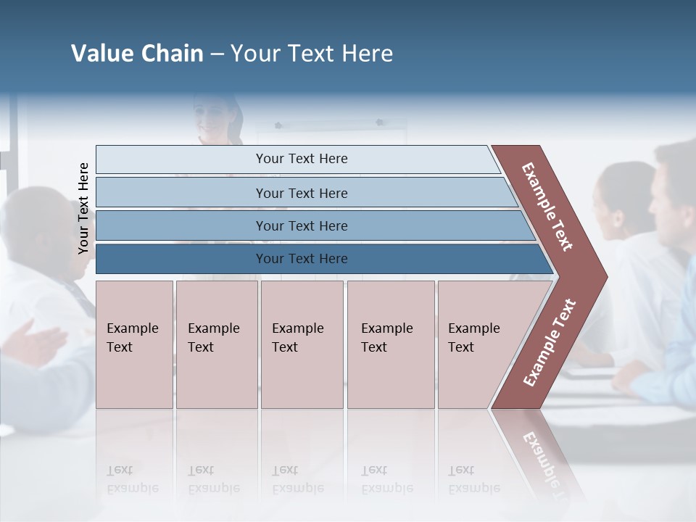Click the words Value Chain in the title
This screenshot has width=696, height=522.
click(x=137, y=54)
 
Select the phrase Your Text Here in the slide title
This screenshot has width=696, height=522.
click(x=312, y=54)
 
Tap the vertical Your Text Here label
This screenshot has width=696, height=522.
click(x=83, y=208)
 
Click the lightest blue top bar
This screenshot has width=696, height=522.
click(x=297, y=159)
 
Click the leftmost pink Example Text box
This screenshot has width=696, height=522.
click(x=134, y=344)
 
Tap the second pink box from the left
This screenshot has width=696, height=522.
click(x=216, y=344)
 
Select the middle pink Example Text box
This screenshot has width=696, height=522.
click(x=302, y=344)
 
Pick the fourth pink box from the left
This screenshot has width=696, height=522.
click(x=391, y=344)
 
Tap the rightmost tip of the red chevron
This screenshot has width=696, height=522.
click(x=606, y=275)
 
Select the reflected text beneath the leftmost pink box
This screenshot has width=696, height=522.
click(x=132, y=479)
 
